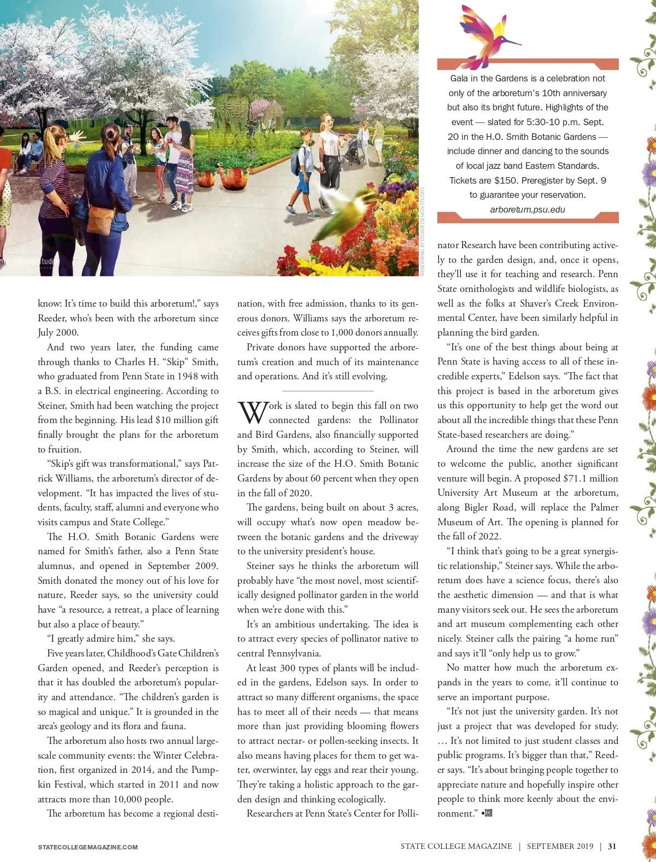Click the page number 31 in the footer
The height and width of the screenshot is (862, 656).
[x=612, y=846]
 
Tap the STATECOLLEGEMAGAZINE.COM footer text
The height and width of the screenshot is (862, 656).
[x=87, y=847]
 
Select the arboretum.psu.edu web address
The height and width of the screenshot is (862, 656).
[x=528, y=209]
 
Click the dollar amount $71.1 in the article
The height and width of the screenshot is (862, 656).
[x=578, y=478]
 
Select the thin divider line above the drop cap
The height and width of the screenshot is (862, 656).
[x=327, y=391]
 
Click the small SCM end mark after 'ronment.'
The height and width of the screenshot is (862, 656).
[x=487, y=813]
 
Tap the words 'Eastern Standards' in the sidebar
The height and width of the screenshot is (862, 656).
[x=565, y=166]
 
